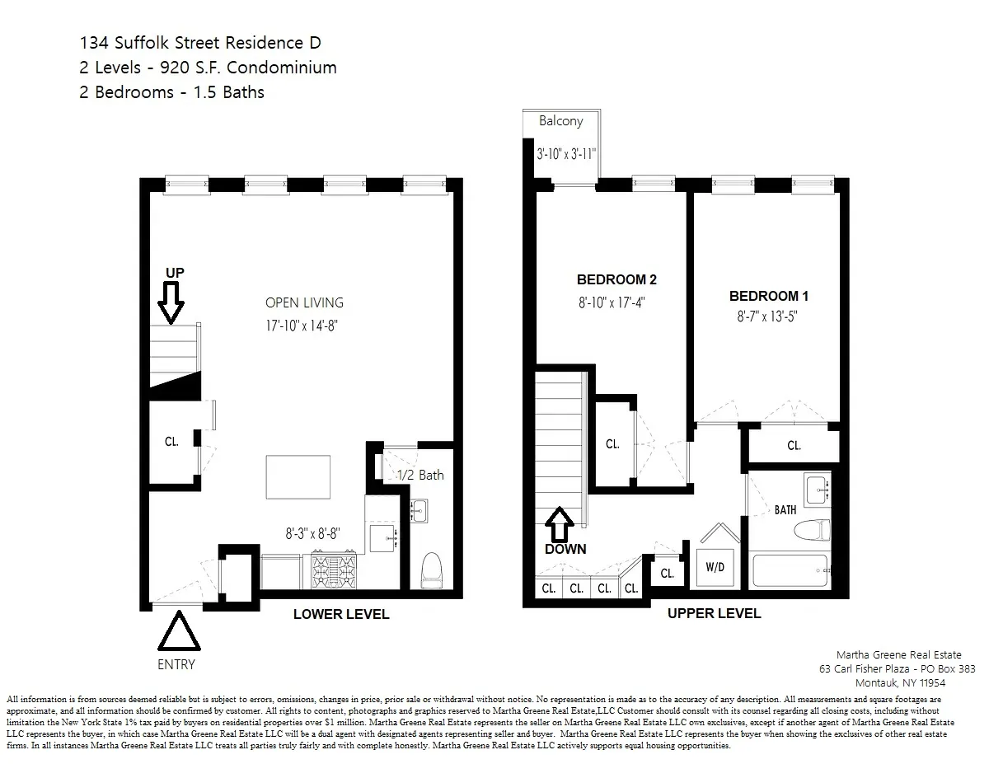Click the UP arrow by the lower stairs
pos(171,301)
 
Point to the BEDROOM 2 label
pos(616,280)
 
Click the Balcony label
pos(560,121)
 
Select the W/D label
pos(714,567)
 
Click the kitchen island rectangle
pos(298,476)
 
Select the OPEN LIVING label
pos(304,302)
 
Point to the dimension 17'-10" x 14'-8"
pos(303,326)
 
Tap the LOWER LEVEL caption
pos(341,614)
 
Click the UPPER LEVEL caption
pos(714,613)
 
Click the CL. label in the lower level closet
pos(171,442)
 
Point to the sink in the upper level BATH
pos(818,490)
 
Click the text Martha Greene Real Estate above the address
pos(898,654)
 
